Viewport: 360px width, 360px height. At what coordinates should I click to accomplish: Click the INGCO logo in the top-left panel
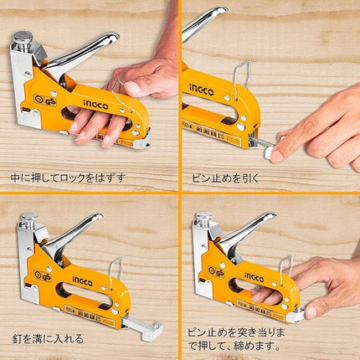pyautogui.click(x=95, y=105)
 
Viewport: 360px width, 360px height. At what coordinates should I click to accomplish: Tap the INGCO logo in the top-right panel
pyautogui.click(x=202, y=90)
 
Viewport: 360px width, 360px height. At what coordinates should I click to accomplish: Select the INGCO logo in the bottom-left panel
pyautogui.click(x=83, y=280)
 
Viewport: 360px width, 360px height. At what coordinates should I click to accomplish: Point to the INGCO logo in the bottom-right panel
pyautogui.click(x=255, y=277)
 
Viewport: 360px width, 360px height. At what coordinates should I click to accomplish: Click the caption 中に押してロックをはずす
pyautogui.click(x=68, y=177)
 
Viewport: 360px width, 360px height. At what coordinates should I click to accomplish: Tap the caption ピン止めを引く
pyautogui.click(x=225, y=178)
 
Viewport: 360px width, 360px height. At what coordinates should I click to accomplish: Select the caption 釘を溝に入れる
pyautogui.click(x=48, y=338)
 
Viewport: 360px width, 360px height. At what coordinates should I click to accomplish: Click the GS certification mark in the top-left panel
pyautogui.click(x=45, y=100)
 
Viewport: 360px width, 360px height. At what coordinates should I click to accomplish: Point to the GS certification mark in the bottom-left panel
pyautogui.click(x=43, y=275)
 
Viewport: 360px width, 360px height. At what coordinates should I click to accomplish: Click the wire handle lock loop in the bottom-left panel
pyautogui.click(x=116, y=274)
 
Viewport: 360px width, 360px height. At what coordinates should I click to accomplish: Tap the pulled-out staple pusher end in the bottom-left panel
pyautogui.click(x=152, y=332)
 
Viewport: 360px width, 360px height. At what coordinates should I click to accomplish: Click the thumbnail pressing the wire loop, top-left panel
pyautogui.click(x=132, y=88)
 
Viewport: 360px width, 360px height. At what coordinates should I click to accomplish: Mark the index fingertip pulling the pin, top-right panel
pyautogui.click(x=276, y=157)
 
